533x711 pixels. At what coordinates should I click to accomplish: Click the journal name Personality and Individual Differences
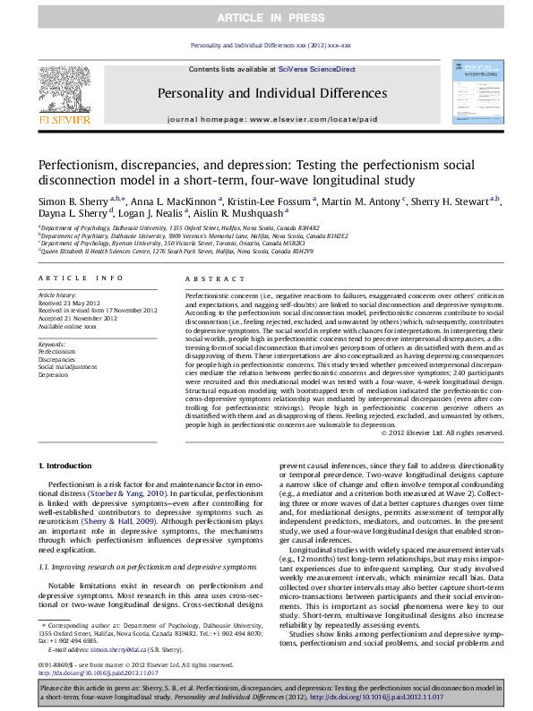pyautogui.click(x=265, y=91)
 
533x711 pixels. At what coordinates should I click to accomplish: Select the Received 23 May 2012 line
pyautogui.click(x=65, y=301)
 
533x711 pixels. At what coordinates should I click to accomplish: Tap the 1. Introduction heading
pyautogui.click(x=68, y=467)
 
